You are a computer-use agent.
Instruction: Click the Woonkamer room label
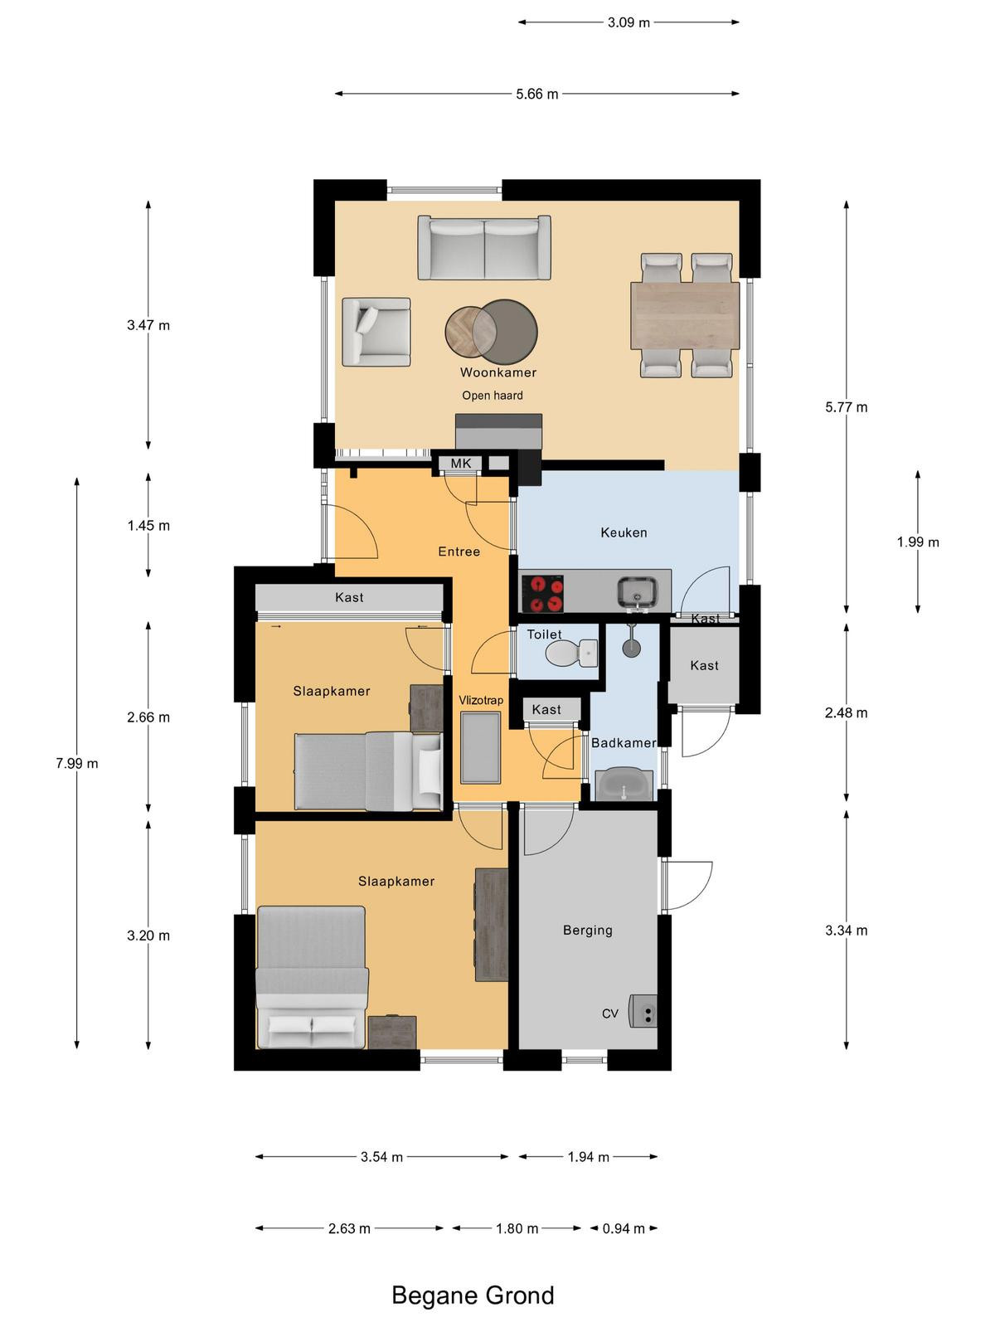click(498, 372)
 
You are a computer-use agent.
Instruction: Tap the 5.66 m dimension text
click(537, 94)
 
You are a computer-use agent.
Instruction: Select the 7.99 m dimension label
click(77, 764)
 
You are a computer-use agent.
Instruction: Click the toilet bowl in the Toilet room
click(571, 654)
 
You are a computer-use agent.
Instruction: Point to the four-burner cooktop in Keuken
click(542, 594)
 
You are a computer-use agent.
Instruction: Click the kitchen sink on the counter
click(637, 592)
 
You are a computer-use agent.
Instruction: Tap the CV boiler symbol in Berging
click(643, 1011)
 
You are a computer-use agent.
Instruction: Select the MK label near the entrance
click(461, 464)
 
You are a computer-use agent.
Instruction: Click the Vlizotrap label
click(480, 700)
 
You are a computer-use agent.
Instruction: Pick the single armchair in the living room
click(376, 332)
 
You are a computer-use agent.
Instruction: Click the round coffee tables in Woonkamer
click(491, 331)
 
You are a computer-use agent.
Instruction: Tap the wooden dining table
click(685, 316)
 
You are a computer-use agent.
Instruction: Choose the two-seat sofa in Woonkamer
click(484, 247)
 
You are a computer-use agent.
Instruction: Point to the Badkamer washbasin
click(624, 785)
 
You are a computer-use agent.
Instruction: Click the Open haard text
click(493, 396)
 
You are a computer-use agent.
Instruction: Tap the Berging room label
click(587, 930)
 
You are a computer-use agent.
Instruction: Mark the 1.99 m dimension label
click(918, 542)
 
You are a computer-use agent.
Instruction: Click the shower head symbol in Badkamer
click(631, 642)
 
